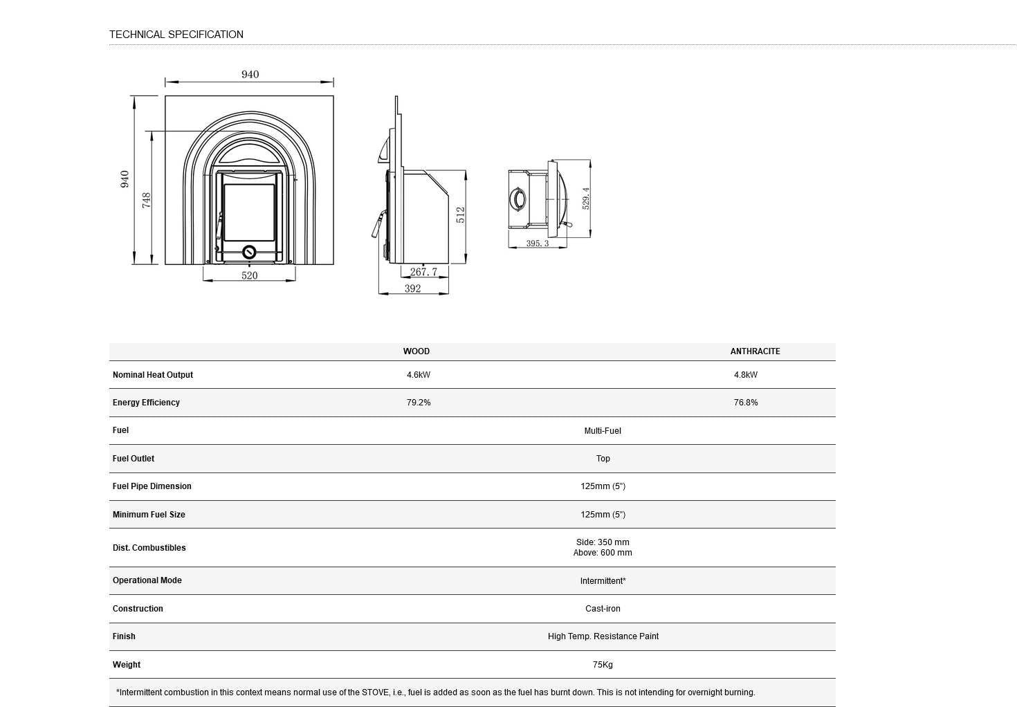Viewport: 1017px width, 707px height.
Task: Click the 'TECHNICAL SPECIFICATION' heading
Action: [x=176, y=35]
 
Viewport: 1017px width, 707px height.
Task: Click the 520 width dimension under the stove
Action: [x=249, y=275]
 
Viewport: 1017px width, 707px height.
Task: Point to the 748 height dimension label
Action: [x=146, y=200]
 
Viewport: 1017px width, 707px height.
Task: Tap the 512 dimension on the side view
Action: [x=460, y=214]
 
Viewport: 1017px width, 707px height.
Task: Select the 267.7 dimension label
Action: [x=423, y=272]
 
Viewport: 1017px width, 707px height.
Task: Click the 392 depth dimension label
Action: [x=413, y=288]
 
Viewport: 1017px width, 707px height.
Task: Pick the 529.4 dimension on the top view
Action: [x=586, y=199]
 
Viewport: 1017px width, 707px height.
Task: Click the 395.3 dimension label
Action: [x=538, y=244]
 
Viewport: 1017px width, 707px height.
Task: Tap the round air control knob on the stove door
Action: [x=249, y=252]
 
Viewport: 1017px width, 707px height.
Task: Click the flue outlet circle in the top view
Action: [x=517, y=199]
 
